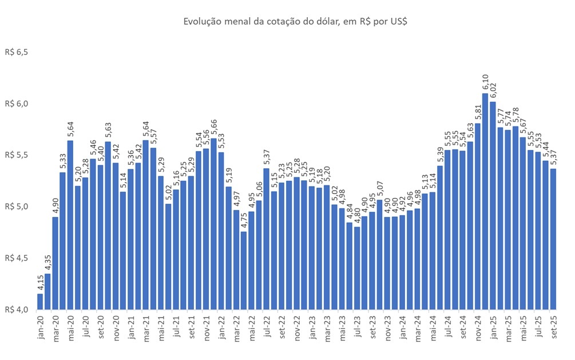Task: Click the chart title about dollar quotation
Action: [287, 22]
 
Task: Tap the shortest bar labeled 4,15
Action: [40, 302]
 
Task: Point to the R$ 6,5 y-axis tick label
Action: [17, 52]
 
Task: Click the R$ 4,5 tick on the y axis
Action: [17, 258]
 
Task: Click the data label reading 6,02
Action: [493, 92]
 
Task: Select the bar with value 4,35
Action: [47, 291]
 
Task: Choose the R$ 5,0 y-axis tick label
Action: [17, 207]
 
